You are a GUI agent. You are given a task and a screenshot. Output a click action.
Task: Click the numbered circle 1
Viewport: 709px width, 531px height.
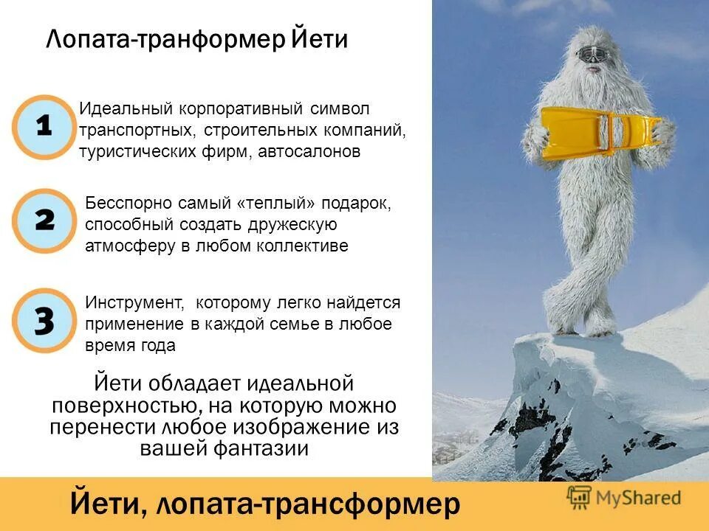[x=44, y=127]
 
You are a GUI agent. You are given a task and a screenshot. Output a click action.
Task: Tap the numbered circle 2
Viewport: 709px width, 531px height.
[x=44, y=220]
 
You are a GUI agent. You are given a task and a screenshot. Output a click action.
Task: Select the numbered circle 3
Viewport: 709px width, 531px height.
[x=44, y=320]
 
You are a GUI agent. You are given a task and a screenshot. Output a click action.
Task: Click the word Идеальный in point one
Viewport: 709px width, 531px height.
[x=125, y=109]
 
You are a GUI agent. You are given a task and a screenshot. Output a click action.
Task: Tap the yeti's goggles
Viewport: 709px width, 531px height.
[x=591, y=53]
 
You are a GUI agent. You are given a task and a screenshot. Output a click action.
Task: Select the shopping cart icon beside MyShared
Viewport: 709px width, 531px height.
[x=579, y=498]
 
